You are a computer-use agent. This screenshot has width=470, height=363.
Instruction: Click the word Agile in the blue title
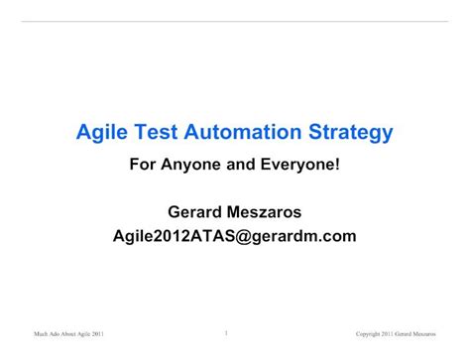coord(100,132)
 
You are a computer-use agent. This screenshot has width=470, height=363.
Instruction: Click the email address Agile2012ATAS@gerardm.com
coord(234,236)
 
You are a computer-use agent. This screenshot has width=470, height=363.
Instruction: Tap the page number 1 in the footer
coord(226,333)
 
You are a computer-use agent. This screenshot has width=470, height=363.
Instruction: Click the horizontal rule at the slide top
coord(234,22)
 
